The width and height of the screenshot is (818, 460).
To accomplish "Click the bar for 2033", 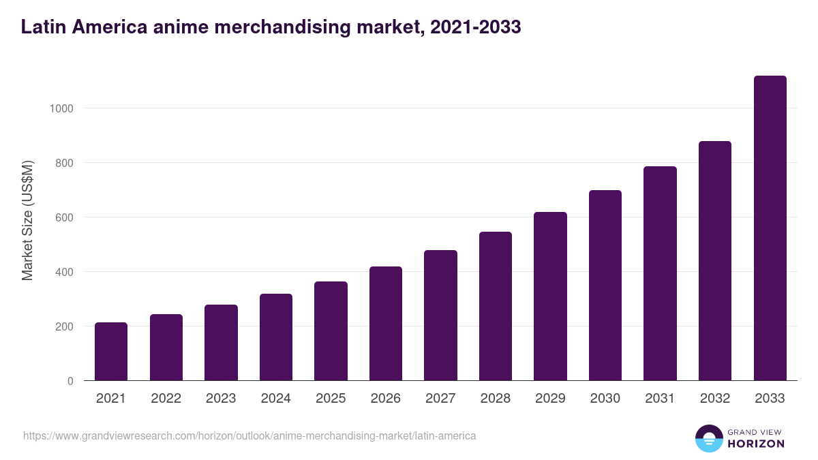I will [x=770, y=228].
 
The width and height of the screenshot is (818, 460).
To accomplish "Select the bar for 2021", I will [x=111, y=352].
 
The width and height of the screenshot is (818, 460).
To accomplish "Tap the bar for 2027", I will [x=440, y=316].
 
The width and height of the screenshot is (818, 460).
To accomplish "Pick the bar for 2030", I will [x=605, y=286].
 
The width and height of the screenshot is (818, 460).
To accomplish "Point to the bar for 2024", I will [x=276, y=337].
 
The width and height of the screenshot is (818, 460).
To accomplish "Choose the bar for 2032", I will [x=715, y=261].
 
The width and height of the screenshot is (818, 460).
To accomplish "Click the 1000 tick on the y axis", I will [x=61, y=108].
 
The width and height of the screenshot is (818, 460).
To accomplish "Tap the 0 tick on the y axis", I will [x=70, y=381].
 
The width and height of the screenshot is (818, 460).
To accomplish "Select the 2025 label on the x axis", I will [x=331, y=399].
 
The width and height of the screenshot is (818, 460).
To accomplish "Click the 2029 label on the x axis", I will [x=550, y=399].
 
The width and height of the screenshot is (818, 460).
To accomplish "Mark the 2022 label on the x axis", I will [x=166, y=399].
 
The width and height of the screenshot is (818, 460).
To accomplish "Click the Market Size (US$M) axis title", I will [x=27, y=221].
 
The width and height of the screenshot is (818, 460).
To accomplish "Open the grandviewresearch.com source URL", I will [x=249, y=435].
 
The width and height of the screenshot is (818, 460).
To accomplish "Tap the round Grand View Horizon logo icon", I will [x=708, y=438].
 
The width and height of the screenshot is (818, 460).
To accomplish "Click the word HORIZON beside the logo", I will [x=755, y=444].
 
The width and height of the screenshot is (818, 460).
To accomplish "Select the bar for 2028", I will [x=496, y=306].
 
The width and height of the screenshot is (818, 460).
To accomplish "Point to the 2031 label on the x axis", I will [x=660, y=399].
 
